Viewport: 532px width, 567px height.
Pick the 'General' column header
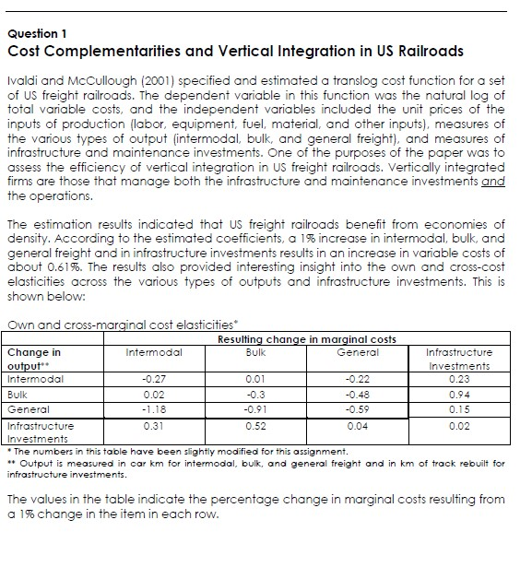359,351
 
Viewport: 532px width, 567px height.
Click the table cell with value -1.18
153,409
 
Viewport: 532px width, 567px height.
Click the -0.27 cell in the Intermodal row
153,378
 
